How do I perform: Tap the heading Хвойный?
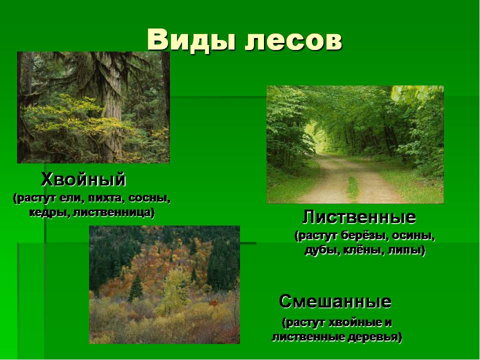[83, 178]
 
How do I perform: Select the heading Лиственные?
[359, 217]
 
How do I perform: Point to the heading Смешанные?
[335, 301]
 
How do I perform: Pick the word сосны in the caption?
[149, 198]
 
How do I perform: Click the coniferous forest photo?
[93, 107]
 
